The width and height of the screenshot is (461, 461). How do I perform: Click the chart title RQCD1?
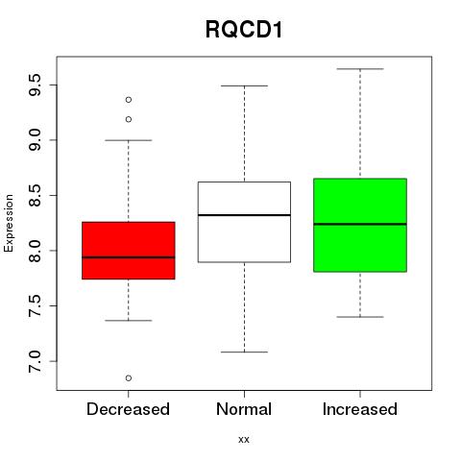tap(244, 30)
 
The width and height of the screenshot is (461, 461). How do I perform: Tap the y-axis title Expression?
tap(9, 223)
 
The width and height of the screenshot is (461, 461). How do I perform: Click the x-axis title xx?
tap(244, 440)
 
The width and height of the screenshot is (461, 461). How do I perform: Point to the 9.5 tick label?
tap(35, 85)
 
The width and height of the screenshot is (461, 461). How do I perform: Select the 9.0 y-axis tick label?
tap(35, 140)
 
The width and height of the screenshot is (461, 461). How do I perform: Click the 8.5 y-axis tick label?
tap(35, 195)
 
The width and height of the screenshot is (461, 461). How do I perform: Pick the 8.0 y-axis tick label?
tap(35, 251)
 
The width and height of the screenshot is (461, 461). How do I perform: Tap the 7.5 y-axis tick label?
tap(35, 305)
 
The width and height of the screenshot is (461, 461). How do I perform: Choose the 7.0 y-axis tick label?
tap(35, 361)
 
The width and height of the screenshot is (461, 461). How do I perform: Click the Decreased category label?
tap(128, 409)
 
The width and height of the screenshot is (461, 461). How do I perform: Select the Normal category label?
tap(244, 409)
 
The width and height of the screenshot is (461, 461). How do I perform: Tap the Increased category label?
tap(360, 409)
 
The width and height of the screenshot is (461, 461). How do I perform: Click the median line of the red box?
tap(129, 257)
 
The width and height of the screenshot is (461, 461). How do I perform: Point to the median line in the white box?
tap(244, 215)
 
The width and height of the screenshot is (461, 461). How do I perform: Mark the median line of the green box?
tap(360, 224)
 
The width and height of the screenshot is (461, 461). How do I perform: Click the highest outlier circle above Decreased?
tap(129, 100)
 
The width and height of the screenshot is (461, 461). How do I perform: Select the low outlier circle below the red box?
tap(129, 378)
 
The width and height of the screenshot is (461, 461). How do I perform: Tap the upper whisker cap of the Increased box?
tap(360, 69)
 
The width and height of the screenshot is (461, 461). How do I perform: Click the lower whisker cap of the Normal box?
tap(244, 352)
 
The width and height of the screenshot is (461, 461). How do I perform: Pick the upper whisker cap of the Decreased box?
tap(129, 140)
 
